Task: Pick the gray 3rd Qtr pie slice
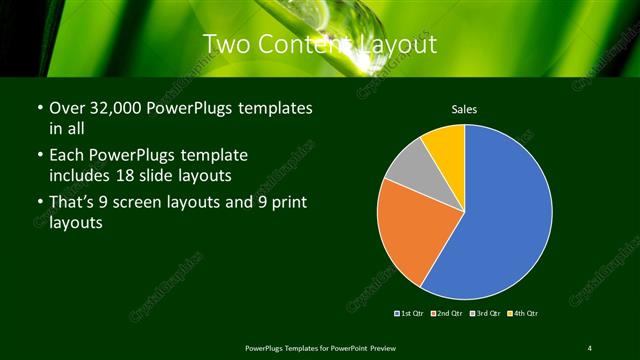click(409, 169)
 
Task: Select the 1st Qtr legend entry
click(410, 313)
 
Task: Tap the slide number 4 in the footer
click(590, 347)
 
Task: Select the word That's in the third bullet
click(72, 203)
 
